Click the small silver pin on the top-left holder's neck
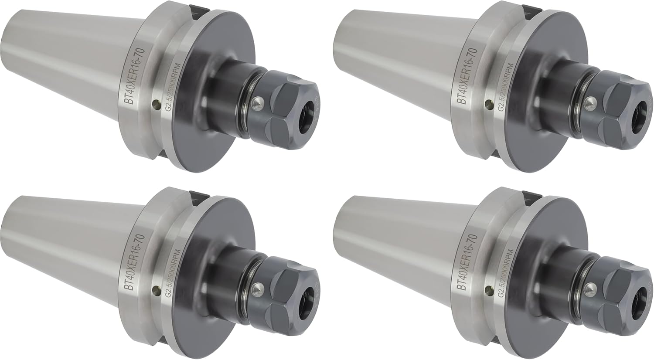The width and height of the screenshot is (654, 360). (x=258, y=102)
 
